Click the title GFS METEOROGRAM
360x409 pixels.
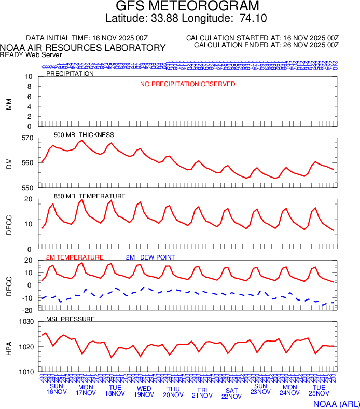(x=179, y=7)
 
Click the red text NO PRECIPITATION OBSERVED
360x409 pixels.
(x=188, y=84)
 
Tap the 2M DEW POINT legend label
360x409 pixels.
(x=150, y=257)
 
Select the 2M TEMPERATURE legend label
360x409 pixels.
(x=75, y=257)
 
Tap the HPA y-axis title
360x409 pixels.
(x=9, y=347)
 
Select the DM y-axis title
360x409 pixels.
(x=9, y=163)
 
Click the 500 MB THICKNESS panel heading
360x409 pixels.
(x=84, y=135)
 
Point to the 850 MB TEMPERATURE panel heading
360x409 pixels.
(x=90, y=196)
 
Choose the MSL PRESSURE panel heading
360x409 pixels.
(x=71, y=319)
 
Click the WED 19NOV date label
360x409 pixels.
(x=144, y=390)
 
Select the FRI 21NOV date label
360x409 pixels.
(x=202, y=392)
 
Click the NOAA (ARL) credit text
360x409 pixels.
(x=336, y=403)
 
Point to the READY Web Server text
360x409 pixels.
(x=31, y=54)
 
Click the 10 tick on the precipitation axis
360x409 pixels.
(x=29, y=77)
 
